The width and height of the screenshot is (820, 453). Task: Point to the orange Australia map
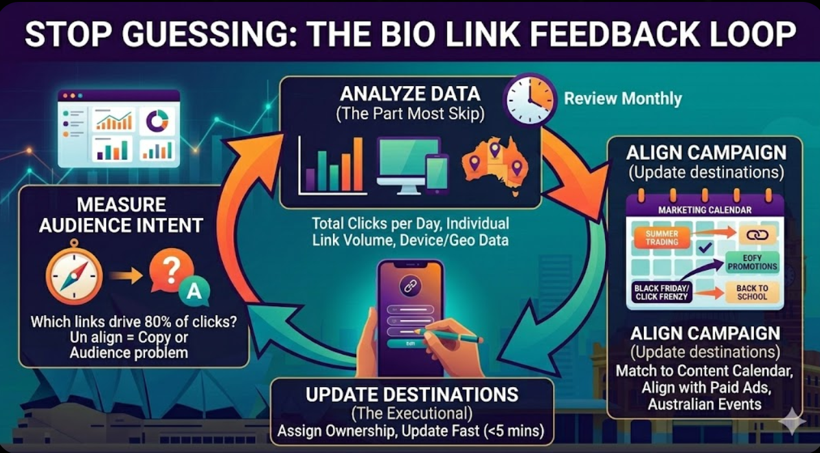[x=496, y=164]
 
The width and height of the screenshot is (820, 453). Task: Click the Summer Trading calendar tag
[x=661, y=238]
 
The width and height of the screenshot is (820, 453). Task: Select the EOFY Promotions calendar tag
[x=751, y=261]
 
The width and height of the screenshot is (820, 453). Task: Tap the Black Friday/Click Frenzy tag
[x=662, y=293]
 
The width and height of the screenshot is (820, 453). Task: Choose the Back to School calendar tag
[x=751, y=293]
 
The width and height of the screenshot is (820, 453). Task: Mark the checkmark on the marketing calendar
[x=705, y=247]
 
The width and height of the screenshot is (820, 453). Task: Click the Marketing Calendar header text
[x=705, y=210]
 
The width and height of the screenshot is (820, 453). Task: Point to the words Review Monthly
[x=623, y=99]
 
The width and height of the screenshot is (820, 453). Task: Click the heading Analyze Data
[x=411, y=94]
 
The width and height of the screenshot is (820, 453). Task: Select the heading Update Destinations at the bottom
[x=411, y=394]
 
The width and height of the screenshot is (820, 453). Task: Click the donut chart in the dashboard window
[x=157, y=120]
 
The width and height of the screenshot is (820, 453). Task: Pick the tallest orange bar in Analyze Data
[x=358, y=164]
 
